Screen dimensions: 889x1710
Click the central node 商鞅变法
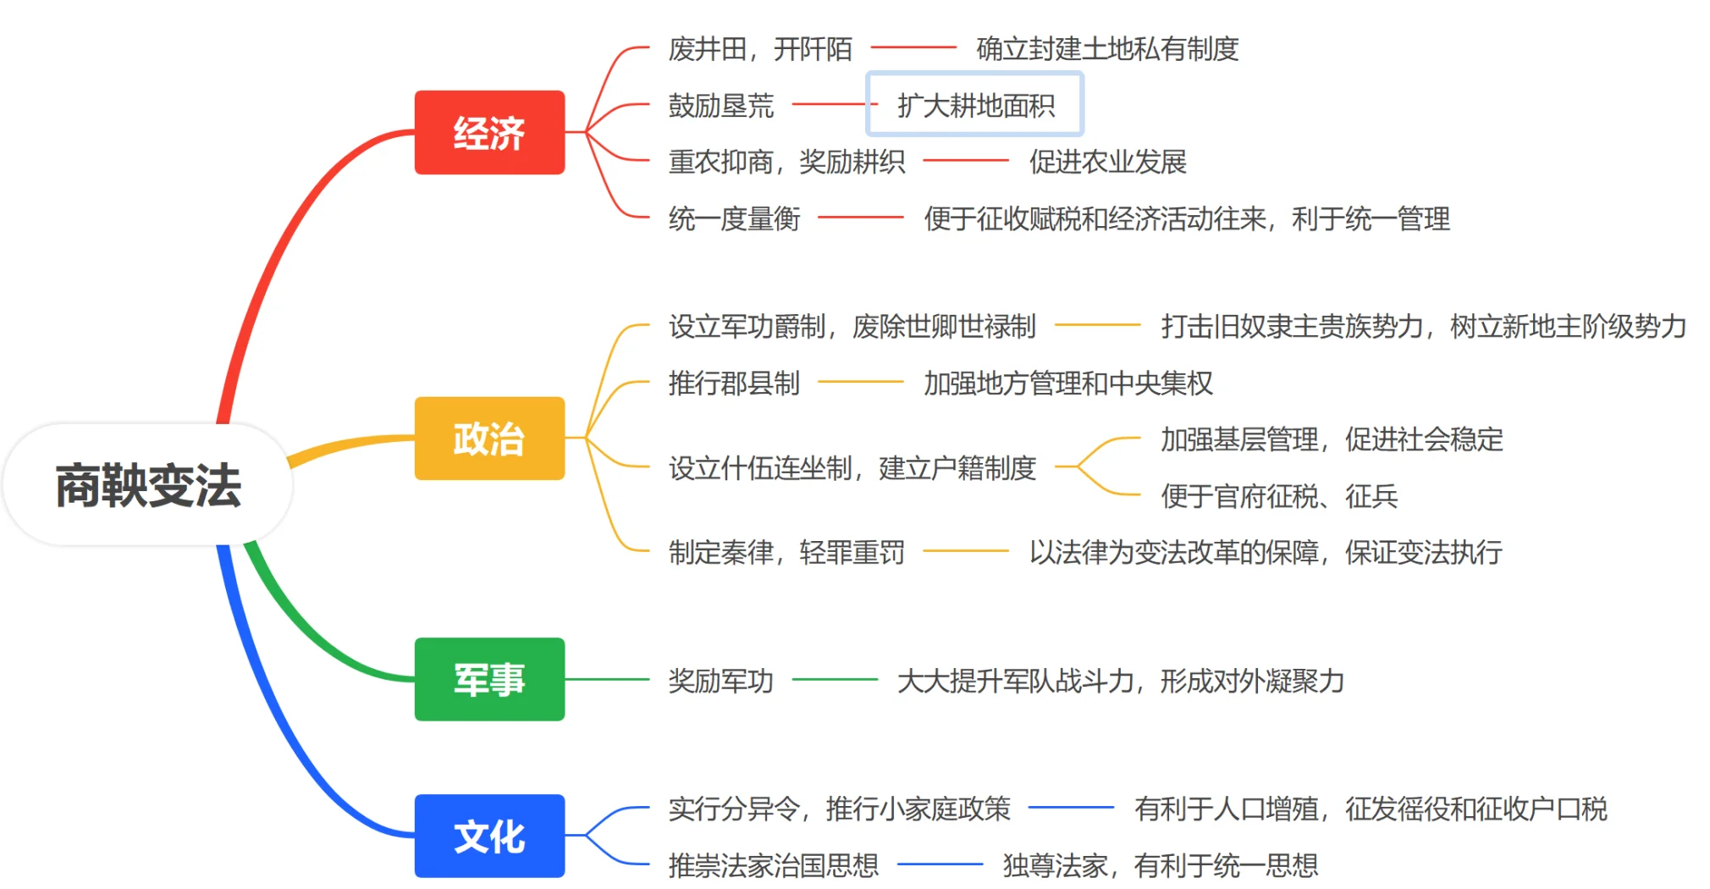pyautogui.click(x=148, y=485)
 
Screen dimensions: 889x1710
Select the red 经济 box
pyautogui.click(x=489, y=133)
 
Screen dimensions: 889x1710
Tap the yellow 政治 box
pyautogui.click(x=489, y=439)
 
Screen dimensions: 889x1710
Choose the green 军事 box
pyautogui.click(x=489, y=679)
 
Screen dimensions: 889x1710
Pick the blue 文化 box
pyautogui.click(x=489, y=836)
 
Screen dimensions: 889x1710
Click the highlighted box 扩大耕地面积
pyautogui.click(x=975, y=105)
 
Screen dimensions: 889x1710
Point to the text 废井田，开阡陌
pyautogui.click(x=759, y=49)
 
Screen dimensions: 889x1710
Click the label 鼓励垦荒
pyautogui.click(x=720, y=105)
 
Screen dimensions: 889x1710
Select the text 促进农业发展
pyautogui.click(x=1107, y=162)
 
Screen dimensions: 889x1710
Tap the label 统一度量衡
pyautogui.click(x=734, y=218)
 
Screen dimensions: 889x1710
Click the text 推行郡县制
pyautogui.click(x=734, y=383)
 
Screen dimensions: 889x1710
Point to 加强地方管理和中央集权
pyautogui.click(x=1067, y=383)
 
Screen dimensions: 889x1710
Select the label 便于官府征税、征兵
pyautogui.click(x=1278, y=496)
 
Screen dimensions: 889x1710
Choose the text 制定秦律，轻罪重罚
pyautogui.click(x=786, y=552)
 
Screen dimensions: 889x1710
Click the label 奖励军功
pyautogui.click(x=720, y=680)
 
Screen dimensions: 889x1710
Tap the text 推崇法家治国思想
pyautogui.click(x=773, y=865)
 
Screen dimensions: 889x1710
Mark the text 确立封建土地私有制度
pyautogui.click(x=1107, y=49)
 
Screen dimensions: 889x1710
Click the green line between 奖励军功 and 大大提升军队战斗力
pyautogui.click(x=835, y=679)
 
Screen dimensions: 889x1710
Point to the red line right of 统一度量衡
pyautogui.click(x=861, y=218)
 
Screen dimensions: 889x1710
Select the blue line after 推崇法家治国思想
pyautogui.click(x=940, y=864)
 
